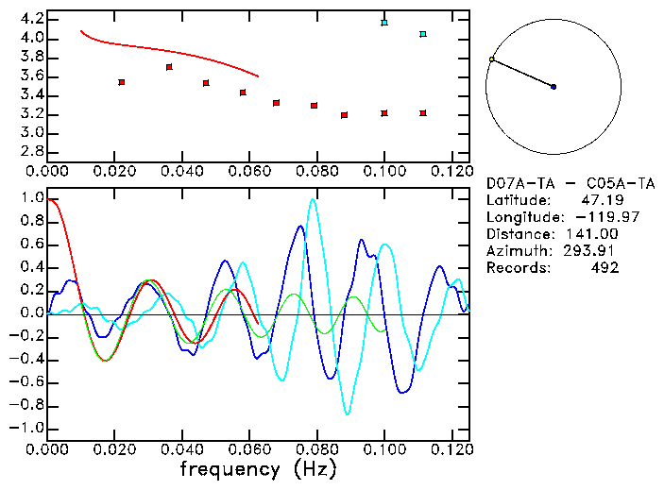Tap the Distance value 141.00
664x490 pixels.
(x=596, y=234)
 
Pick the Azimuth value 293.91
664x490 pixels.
(x=596, y=251)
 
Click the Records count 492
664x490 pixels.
(x=605, y=268)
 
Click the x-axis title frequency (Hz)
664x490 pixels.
(x=258, y=468)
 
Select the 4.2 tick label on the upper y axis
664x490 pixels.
(x=31, y=19)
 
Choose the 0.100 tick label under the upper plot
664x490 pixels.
(x=383, y=171)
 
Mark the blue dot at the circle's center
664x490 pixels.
(x=553, y=87)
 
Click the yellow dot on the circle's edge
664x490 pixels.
(x=491, y=59)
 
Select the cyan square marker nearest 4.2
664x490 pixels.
(x=384, y=22)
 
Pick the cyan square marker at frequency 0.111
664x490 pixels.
(x=423, y=34)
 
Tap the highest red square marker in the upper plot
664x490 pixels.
(x=169, y=67)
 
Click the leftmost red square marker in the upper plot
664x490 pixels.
(x=122, y=82)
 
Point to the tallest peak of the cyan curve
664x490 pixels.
(x=313, y=199)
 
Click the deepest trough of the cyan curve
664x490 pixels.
(x=348, y=414)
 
